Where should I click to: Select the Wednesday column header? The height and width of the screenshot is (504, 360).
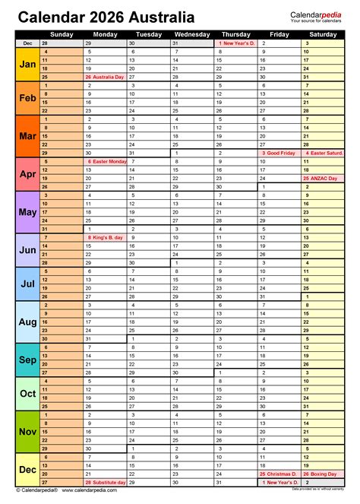[192, 34]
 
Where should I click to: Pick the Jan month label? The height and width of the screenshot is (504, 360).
[26, 65]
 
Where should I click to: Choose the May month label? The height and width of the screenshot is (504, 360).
[26, 212]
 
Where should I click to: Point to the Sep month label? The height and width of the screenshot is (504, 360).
[26, 359]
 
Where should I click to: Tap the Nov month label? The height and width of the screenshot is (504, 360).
[26, 432]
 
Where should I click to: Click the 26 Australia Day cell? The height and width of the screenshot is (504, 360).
[106, 77]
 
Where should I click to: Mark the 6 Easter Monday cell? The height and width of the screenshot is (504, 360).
[106, 162]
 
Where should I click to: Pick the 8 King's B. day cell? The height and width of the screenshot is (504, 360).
[106, 237]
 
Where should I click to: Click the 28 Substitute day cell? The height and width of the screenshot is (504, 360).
[106, 483]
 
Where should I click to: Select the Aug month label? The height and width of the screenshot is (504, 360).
[26, 322]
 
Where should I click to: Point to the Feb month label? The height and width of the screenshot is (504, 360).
[26, 98]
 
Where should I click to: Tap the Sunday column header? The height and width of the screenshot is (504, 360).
[62, 34]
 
